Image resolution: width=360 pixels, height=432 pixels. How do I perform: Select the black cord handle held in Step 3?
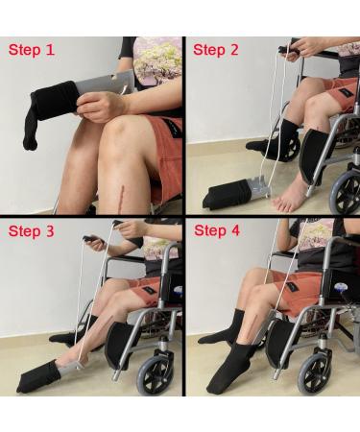click(x=92, y=237)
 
